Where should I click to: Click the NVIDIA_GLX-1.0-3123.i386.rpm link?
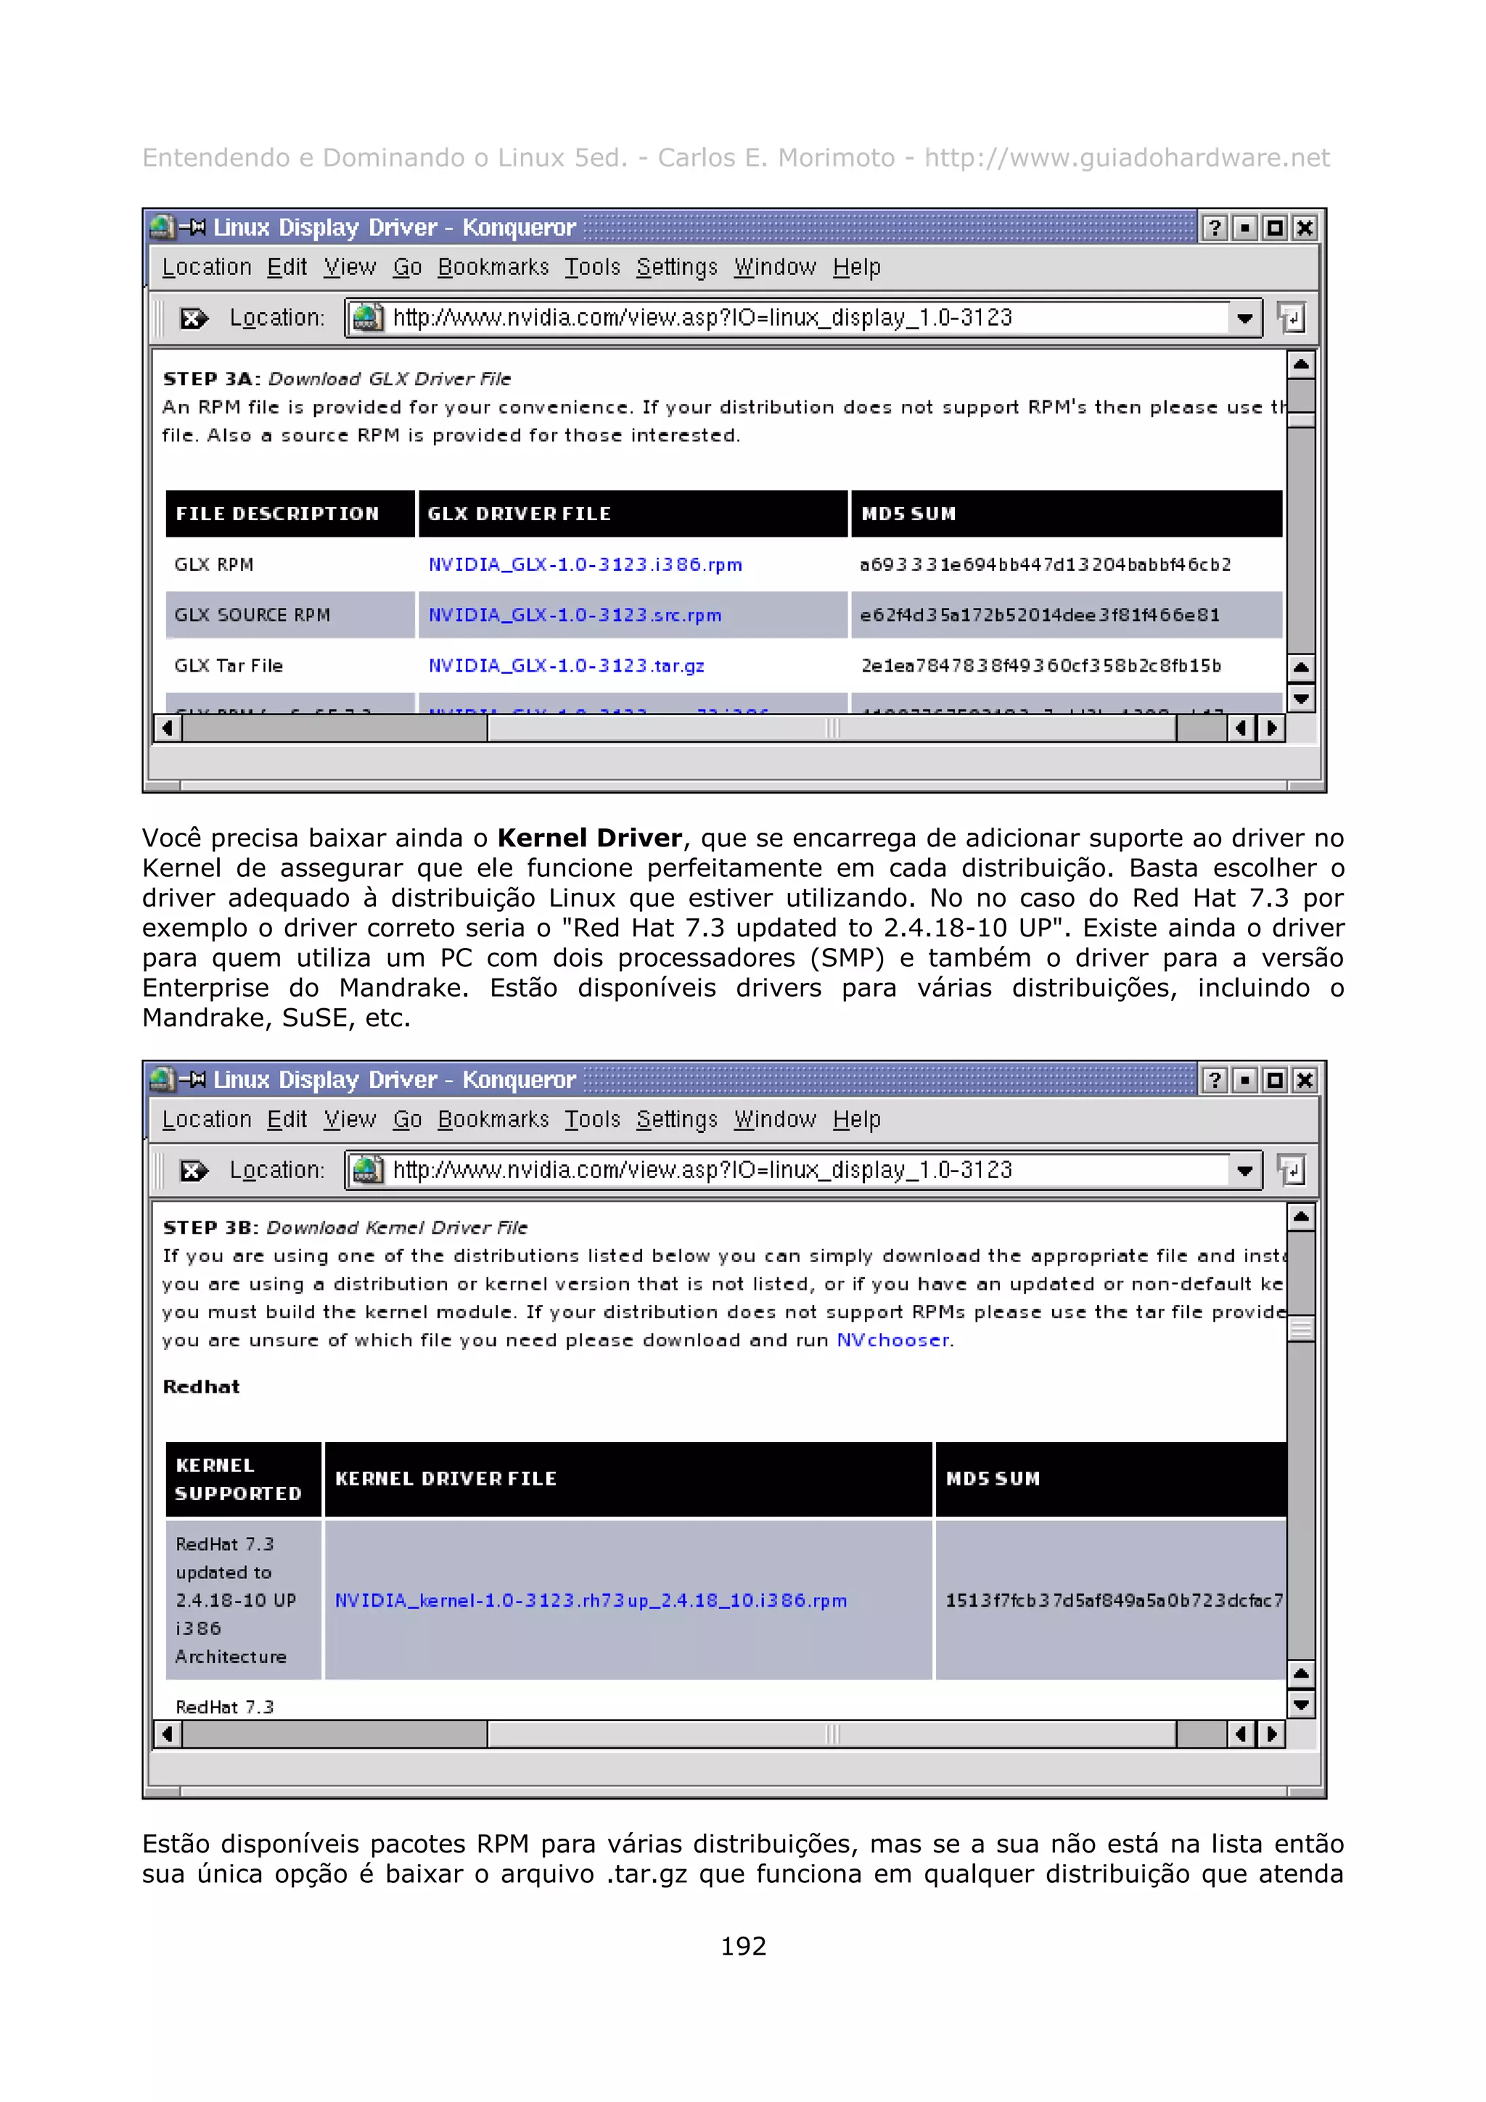(x=585, y=565)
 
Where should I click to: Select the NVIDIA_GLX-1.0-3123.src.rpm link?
(x=574, y=615)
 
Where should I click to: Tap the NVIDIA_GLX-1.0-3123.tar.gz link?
(x=566, y=666)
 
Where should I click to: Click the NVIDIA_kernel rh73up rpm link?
(x=591, y=1600)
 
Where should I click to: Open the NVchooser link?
(x=892, y=1340)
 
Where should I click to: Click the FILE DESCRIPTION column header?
(x=276, y=514)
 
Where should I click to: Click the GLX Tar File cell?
(x=228, y=666)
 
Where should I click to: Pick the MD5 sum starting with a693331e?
(x=1045, y=565)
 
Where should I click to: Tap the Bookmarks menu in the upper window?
(x=493, y=268)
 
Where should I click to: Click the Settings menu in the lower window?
(x=677, y=1120)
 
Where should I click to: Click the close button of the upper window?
(x=1305, y=228)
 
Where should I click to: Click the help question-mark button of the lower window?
(x=1214, y=1080)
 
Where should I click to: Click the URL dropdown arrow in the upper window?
(x=1244, y=318)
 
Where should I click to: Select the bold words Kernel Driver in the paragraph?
(x=590, y=838)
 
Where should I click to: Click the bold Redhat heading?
(x=200, y=1387)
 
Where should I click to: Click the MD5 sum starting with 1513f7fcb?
(x=1113, y=1600)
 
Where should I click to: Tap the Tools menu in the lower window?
(x=591, y=1120)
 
